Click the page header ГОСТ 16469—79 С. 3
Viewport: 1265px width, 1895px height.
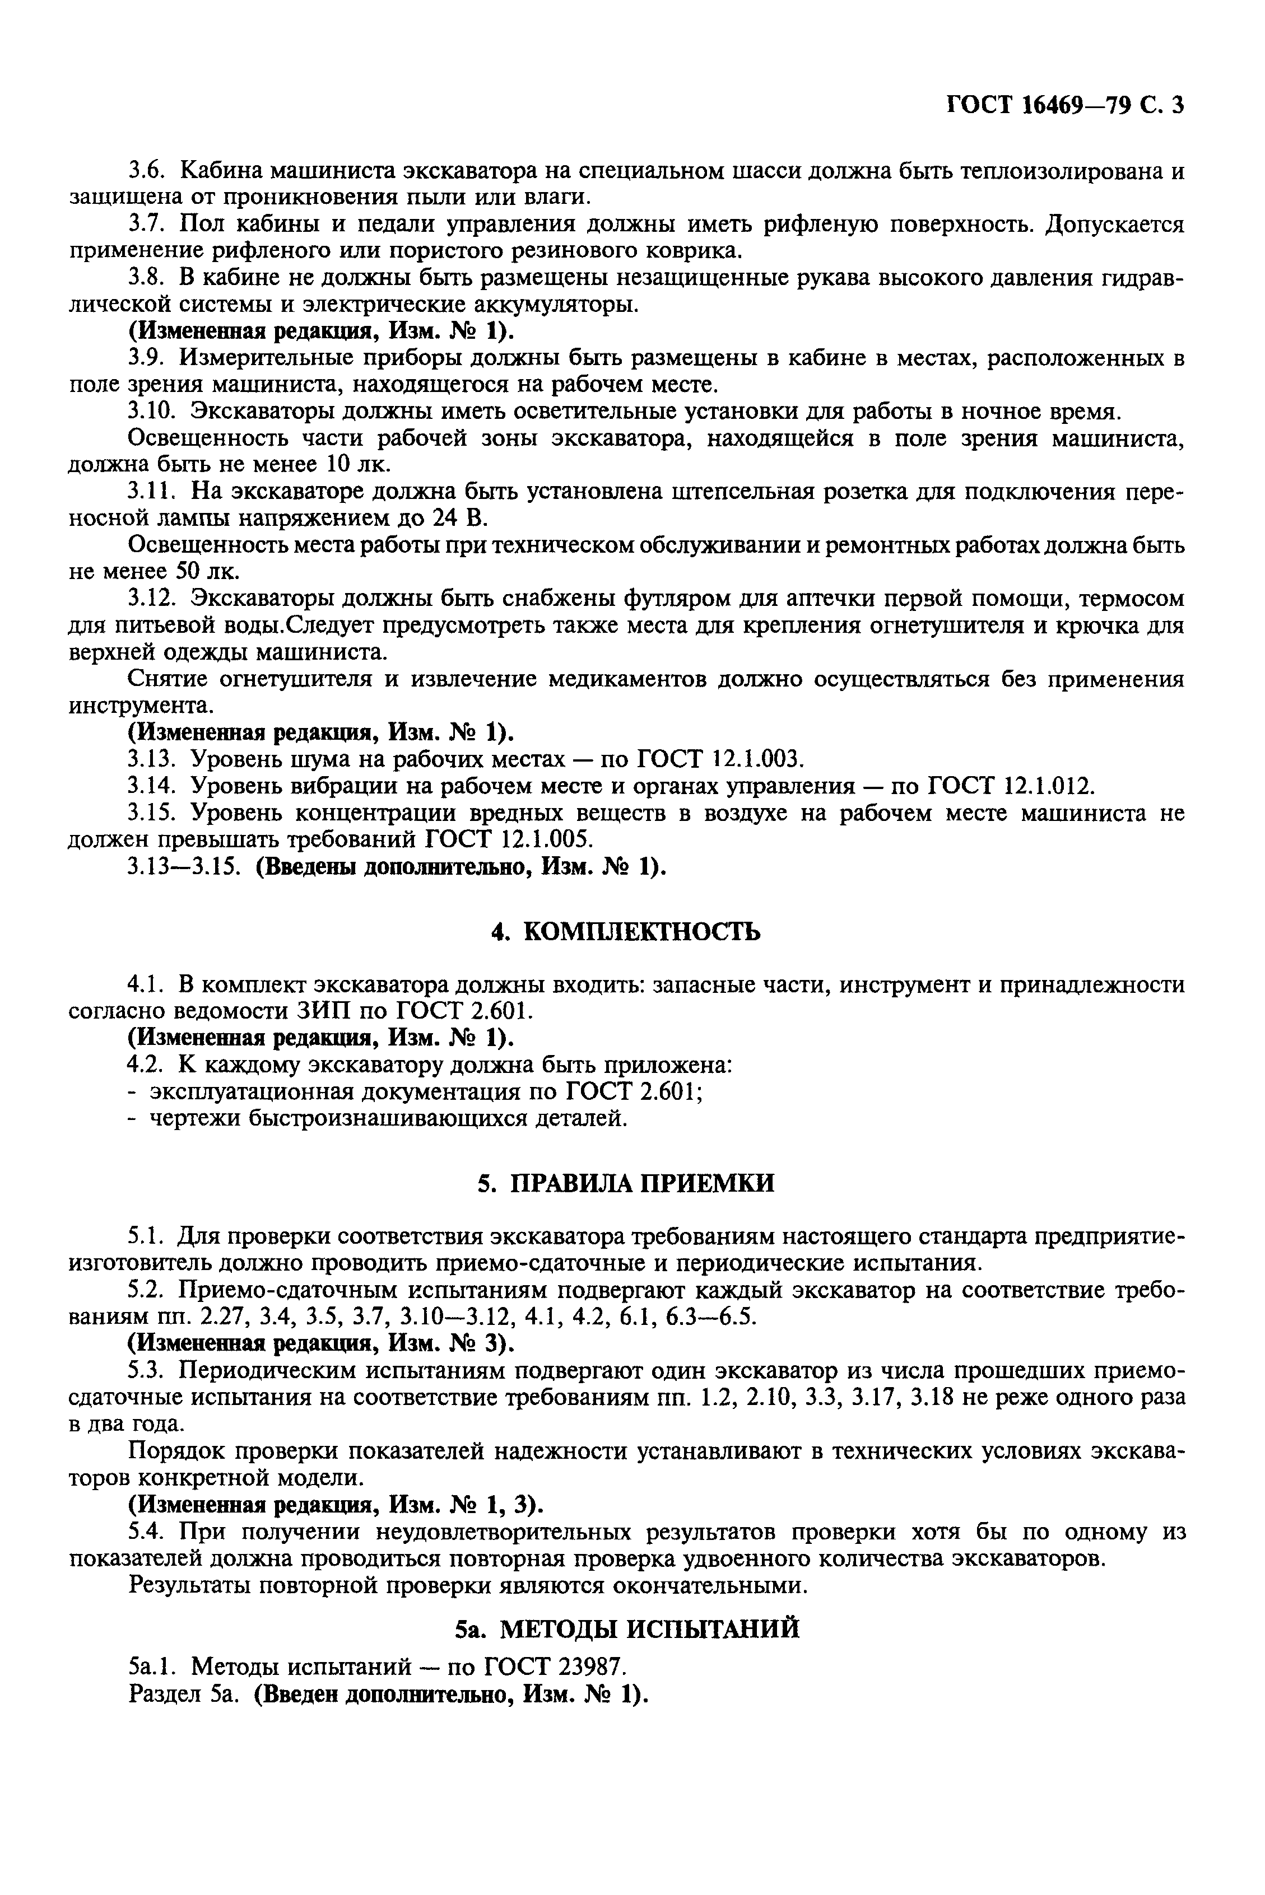coord(1063,106)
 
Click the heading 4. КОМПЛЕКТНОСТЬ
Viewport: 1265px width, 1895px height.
coord(625,932)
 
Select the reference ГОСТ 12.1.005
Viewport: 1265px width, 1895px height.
coord(508,839)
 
